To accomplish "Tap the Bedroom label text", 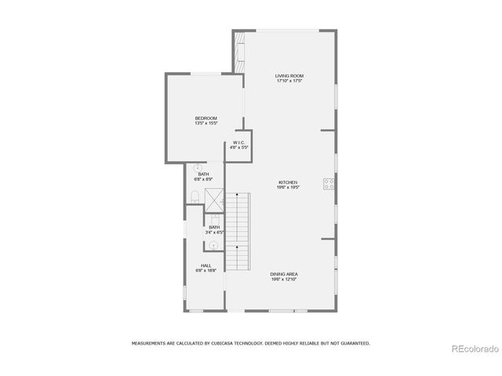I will coord(206,118).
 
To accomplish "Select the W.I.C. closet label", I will coord(238,143).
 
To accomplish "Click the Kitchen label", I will coord(288,183).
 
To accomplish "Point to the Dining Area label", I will coord(283,274).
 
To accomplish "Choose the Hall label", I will coord(206,266).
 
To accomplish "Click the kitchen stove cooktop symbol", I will coord(329,185).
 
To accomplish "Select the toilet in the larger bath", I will coord(194,196).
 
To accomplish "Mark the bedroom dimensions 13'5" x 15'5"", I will coord(206,123).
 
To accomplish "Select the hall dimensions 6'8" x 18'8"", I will coord(206,270).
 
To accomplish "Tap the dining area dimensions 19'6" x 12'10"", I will coord(283,279).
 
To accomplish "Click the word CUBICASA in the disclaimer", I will coord(222,343).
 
